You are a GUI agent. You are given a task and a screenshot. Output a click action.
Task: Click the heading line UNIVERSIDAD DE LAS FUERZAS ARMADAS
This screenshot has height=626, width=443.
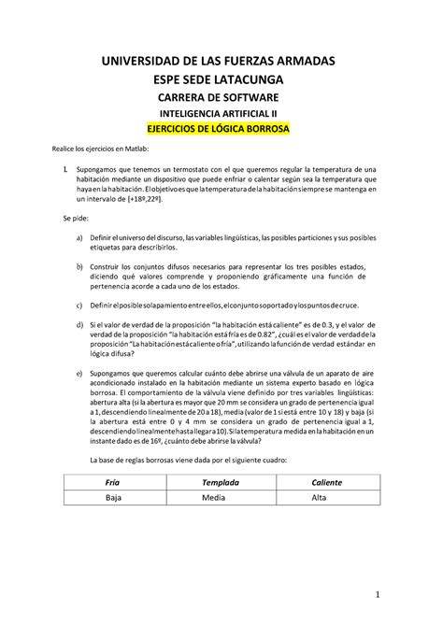[221, 61]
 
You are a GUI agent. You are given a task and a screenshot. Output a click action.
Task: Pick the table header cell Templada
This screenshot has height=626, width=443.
[221, 482]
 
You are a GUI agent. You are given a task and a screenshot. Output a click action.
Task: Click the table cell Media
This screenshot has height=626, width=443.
[221, 499]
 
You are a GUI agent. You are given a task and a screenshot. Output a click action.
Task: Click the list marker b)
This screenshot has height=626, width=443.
[79, 267]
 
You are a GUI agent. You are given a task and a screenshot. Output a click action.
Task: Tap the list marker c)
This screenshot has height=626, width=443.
[79, 306]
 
